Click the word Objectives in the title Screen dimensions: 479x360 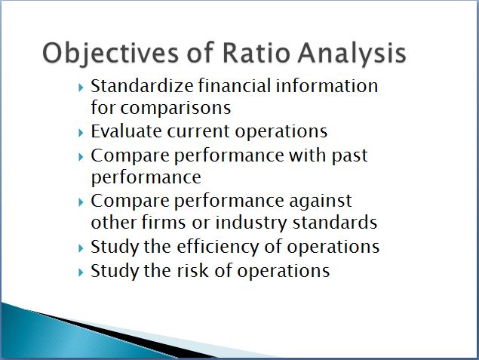tap(110, 54)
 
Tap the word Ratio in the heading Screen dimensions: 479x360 tap(256, 53)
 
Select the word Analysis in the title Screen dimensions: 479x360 tap(352, 54)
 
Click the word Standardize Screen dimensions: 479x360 tap(142, 85)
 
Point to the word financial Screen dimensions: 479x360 tap(235, 85)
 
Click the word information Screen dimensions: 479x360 tap(327, 85)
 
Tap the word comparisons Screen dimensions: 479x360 tap(176, 109)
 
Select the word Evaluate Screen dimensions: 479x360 tap(127, 131)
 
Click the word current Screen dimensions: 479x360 tap(198, 132)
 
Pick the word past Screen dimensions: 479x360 tap(349, 156)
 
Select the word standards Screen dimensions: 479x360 tap(335, 222)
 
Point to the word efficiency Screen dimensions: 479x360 tap(218, 247)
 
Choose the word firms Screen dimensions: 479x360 tap(164, 222)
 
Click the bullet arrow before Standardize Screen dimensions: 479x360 tap(81, 88)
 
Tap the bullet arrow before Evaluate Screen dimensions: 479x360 tap(81, 133)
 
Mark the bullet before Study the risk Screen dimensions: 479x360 tap(81, 272)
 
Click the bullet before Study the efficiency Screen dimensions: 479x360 tap(81, 248)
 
